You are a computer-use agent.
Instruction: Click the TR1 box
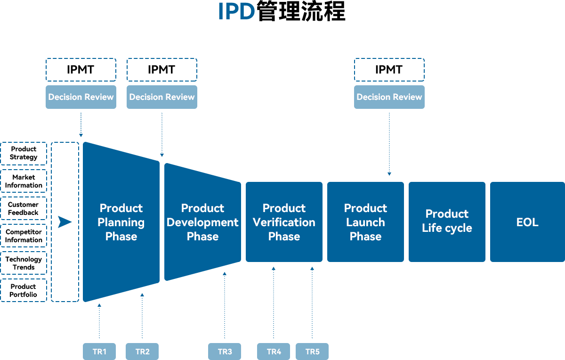click(99, 351)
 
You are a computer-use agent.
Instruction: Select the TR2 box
click(142, 351)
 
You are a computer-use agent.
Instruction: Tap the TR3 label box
click(225, 351)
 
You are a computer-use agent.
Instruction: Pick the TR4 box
click(274, 351)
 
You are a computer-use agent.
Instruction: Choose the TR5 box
click(312, 351)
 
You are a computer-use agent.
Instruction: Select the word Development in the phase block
click(202, 222)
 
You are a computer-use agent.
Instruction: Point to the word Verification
click(284, 222)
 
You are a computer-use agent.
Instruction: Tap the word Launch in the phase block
click(365, 222)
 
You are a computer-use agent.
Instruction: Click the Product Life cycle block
click(447, 221)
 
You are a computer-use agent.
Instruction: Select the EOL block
click(527, 222)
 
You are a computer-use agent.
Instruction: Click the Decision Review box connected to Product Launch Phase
click(389, 97)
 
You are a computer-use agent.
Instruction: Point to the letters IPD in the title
click(237, 12)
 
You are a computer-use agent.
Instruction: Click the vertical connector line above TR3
click(224, 311)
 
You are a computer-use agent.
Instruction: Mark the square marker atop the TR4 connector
click(273, 269)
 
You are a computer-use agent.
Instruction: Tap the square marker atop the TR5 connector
click(312, 269)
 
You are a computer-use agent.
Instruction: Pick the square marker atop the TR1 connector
click(99, 305)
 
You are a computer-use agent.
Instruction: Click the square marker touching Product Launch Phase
click(389, 174)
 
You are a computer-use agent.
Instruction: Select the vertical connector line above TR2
click(142, 321)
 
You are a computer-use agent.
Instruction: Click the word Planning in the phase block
click(121, 222)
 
